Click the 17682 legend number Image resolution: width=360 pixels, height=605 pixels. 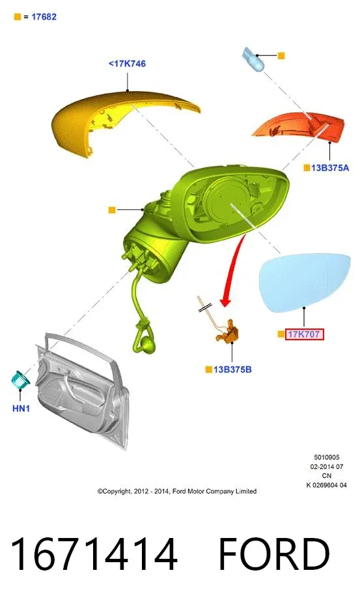pyautogui.click(x=44, y=17)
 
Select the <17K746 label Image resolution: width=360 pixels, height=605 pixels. pyautogui.click(x=127, y=64)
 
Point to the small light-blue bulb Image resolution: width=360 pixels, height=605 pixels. pyautogui.click(x=253, y=59)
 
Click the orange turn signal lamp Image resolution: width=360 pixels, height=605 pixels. pyautogui.click(x=301, y=128)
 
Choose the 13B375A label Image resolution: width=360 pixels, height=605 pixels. pyautogui.click(x=330, y=168)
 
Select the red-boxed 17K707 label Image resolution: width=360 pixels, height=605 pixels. pyautogui.click(x=305, y=334)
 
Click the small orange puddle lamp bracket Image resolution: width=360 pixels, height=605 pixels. pyautogui.click(x=227, y=332)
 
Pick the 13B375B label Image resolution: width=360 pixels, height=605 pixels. pyautogui.click(x=232, y=370)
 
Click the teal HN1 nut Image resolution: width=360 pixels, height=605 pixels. pyautogui.click(x=21, y=379)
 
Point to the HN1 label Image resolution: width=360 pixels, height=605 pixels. pyautogui.click(x=21, y=409)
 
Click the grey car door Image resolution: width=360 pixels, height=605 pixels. pyautogui.click(x=83, y=390)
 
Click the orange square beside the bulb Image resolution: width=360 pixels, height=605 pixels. pyautogui.click(x=281, y=56)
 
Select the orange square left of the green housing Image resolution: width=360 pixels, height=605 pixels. pyautogui.click(x=112, y=210)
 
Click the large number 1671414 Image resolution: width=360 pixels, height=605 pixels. pyautogui.click(x=94, y=554)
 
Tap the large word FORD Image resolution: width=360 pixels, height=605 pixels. pyautogui.click(x=274, y=554)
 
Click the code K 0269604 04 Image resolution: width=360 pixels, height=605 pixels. pyautogui.click(x=327, y=485)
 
